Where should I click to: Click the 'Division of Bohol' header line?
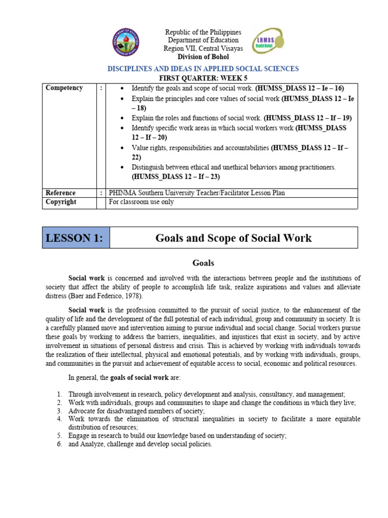[x=204, y=57]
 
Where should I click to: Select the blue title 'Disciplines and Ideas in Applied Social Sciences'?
[x=204, y=68]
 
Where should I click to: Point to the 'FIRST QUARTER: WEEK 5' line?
[x=204, y=77]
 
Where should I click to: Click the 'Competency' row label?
[x=64, y=88]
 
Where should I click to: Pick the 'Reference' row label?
[x=61, y=193]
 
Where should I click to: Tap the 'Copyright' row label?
[x=61, y=202]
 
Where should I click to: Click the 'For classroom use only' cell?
[x=141, y=202]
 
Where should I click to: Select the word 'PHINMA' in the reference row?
[x=123, y=193]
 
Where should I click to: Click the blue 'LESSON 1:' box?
[x=76, y=238]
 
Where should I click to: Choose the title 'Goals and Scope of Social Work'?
[x=233, y=238]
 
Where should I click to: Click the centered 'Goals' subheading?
[x=203, y=263]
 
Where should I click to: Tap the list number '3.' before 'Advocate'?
[x=59, y=411]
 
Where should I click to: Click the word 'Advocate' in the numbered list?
[x=82, y=411]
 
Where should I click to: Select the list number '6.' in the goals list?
[x=59, y=444]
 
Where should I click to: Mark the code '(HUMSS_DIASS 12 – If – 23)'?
[x=176, y=177]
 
